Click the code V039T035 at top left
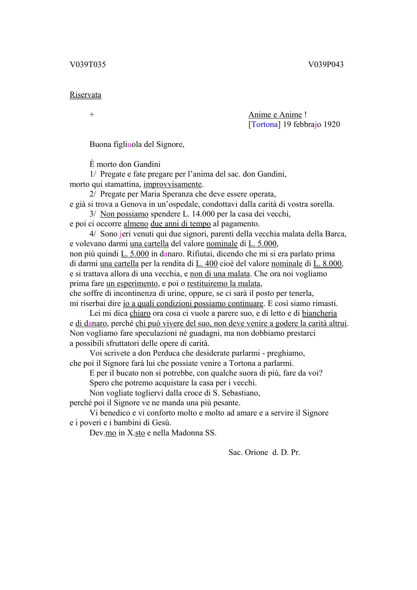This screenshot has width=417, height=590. click(88, 65)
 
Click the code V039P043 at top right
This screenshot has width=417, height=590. click(326, 65)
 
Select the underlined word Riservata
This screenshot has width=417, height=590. click(86, 95)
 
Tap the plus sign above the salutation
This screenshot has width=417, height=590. click(92, 115)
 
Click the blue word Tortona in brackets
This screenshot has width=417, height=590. click(265, 125)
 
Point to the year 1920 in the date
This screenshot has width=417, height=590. click(331, 125)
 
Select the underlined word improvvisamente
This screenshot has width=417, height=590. click(173, 184)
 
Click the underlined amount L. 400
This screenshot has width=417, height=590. click(207, 264)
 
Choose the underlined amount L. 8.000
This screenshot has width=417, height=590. click(327, 264)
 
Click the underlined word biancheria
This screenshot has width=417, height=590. click(319, 313)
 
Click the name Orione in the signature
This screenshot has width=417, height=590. click(256, 452)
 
